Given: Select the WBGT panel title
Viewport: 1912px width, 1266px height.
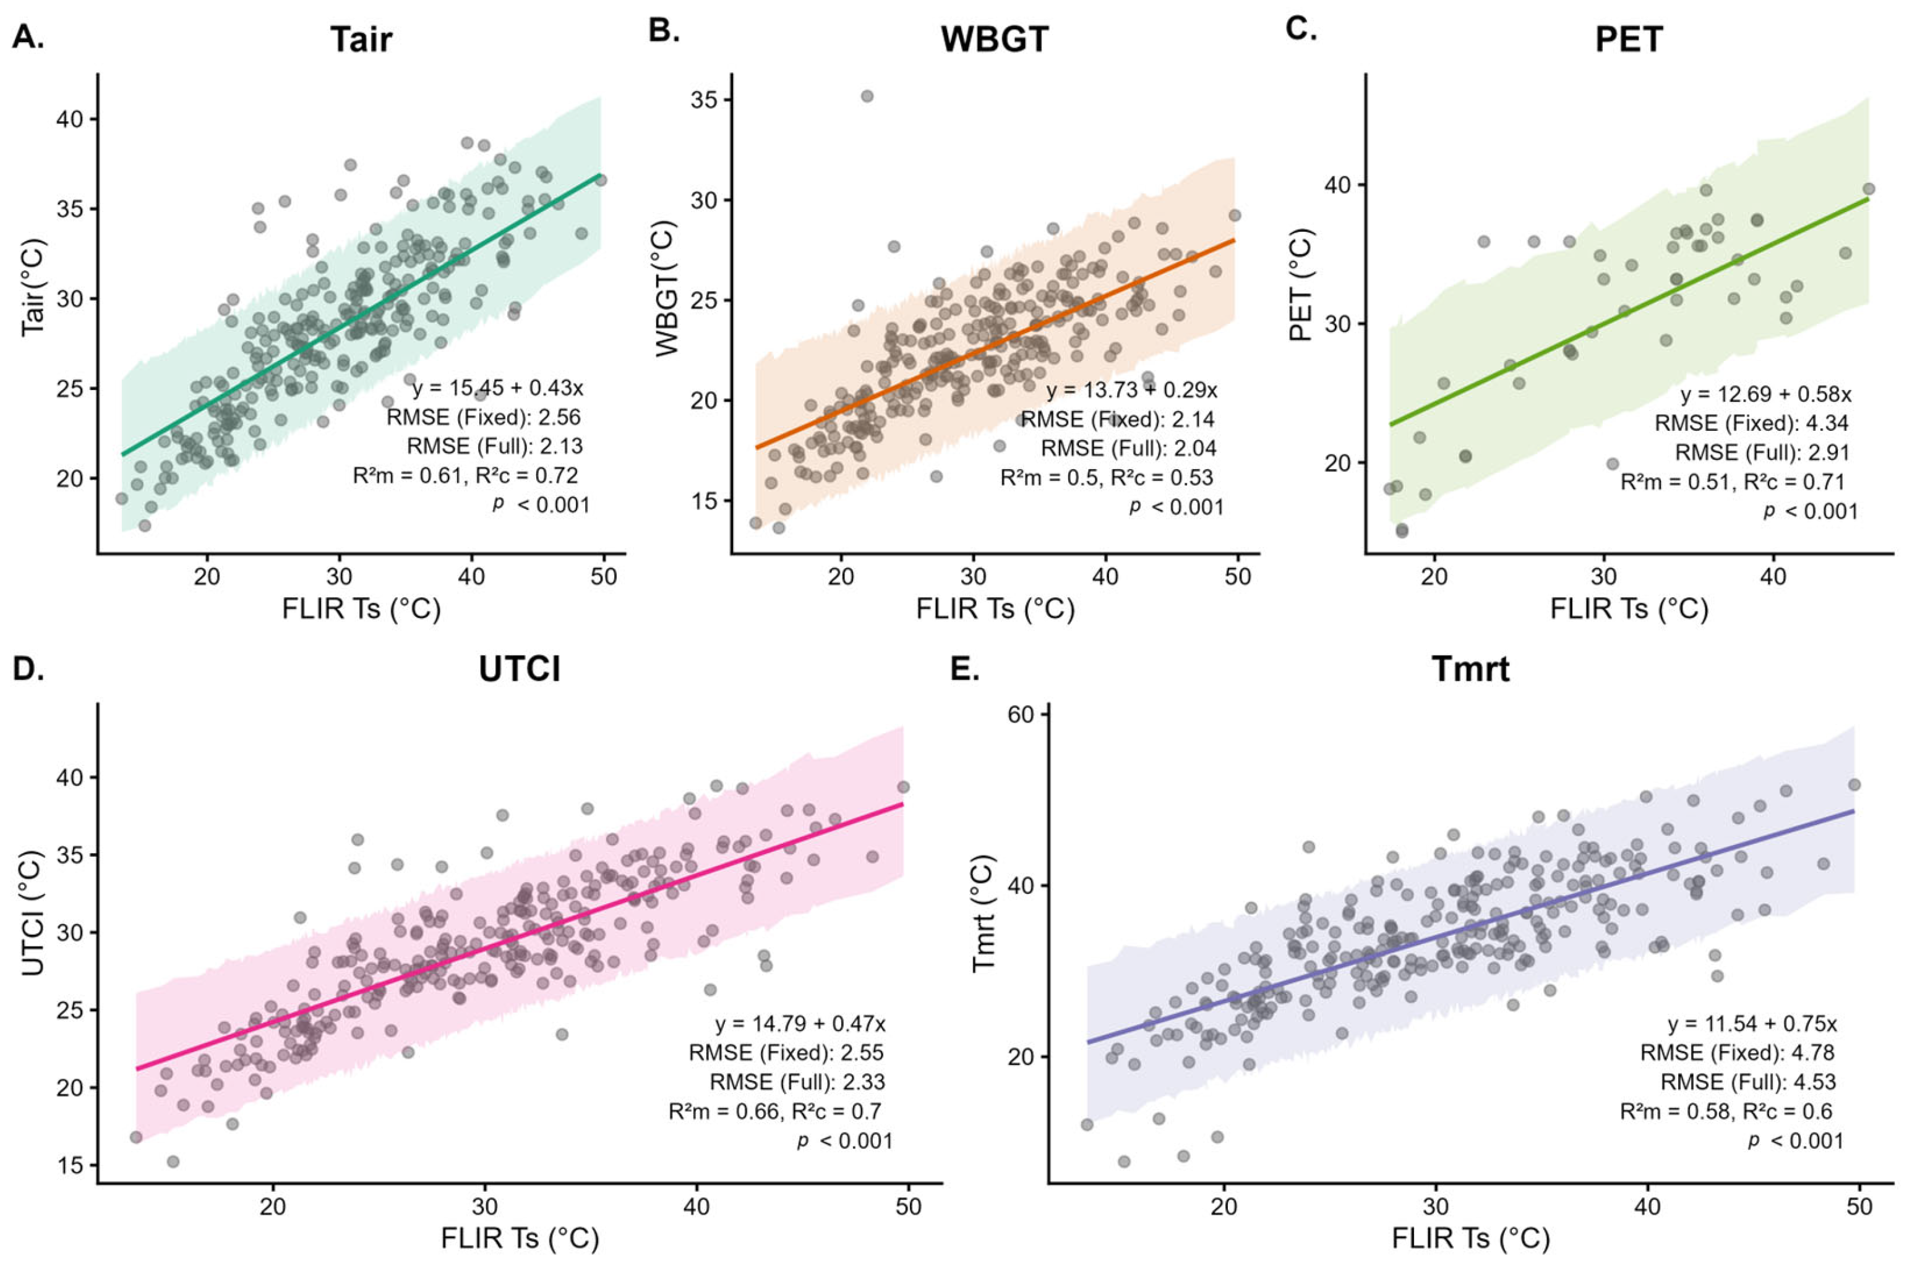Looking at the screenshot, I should point(995,40).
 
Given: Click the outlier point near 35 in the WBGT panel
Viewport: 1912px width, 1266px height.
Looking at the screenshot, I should point(867,96).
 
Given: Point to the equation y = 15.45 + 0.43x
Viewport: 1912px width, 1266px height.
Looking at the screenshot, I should point(497,388).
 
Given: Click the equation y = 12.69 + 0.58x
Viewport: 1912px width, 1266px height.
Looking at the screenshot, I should point(1766,395).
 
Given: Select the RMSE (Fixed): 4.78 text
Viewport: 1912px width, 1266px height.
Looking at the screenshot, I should point(1737,1053).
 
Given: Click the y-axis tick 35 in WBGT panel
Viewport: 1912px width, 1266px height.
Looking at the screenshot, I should point(705,100).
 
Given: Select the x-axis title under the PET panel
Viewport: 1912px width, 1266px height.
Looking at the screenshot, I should point(1629,609).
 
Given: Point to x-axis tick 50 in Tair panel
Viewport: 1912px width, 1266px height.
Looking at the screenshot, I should point(603,577).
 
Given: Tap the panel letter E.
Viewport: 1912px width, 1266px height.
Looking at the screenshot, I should point(964,669).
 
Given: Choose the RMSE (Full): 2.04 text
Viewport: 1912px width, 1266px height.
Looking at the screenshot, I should point(1128,448).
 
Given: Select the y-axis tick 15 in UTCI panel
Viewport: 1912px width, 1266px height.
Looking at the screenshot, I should point(71,1165).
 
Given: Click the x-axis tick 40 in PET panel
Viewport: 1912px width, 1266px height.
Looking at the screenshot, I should point(1773,577).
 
